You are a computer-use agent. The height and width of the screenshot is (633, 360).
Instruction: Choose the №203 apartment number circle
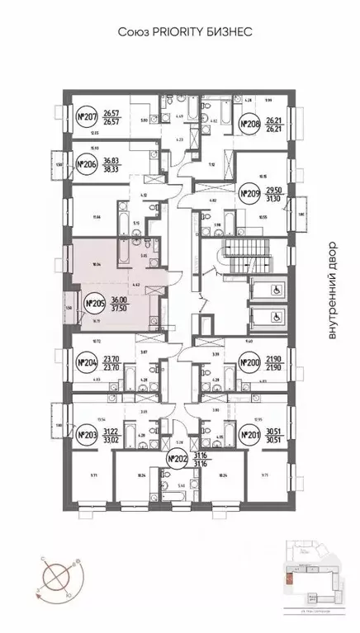(87, 433)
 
